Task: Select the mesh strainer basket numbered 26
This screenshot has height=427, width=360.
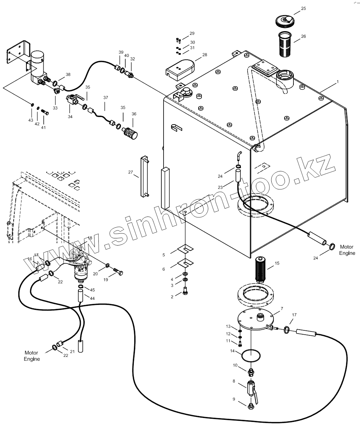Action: tap(286, 43)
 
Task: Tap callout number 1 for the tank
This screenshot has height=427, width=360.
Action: tap(337, 82)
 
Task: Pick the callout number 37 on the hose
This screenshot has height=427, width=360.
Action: tap(106, 97)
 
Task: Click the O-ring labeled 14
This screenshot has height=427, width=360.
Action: tap(251, 356)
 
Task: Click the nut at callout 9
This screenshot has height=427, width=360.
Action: tap(251, 407)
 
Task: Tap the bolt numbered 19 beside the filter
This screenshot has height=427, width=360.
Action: tap(119, 273)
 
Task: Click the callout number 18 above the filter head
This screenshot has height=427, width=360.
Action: tap(89, 238)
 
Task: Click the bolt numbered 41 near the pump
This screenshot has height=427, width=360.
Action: tap(45, 113)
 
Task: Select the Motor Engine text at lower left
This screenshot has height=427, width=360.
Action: tap(32, 356)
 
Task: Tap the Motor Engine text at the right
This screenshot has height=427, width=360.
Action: tap(347, 250)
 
